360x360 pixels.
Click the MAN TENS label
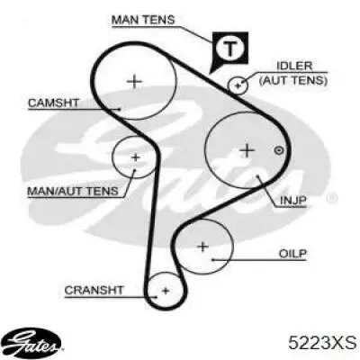[143, 20]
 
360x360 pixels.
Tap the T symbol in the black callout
[230, 49]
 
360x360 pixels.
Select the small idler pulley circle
[238, 85]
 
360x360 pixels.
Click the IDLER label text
[294, 66]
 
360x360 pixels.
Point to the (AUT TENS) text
[293, 80]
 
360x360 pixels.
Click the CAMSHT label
[53, 103]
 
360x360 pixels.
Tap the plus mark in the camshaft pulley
[134, 81]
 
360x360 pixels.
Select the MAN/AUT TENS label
[73, 191]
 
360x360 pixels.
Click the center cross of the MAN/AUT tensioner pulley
[136, 157]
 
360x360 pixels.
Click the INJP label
[293, 201]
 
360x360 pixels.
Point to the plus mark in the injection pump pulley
[247, 150]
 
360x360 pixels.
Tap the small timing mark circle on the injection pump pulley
[279, 150]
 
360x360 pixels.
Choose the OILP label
[292, 254]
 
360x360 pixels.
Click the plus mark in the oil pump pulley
[203, 247]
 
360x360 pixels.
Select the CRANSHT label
[94, 290]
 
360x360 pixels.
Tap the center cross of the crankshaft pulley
[166, 291]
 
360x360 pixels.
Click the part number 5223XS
[322, 343]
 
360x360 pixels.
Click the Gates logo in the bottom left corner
[33, 343]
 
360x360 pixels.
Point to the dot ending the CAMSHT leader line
[120, 110]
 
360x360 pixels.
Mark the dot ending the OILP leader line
[211, 259]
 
